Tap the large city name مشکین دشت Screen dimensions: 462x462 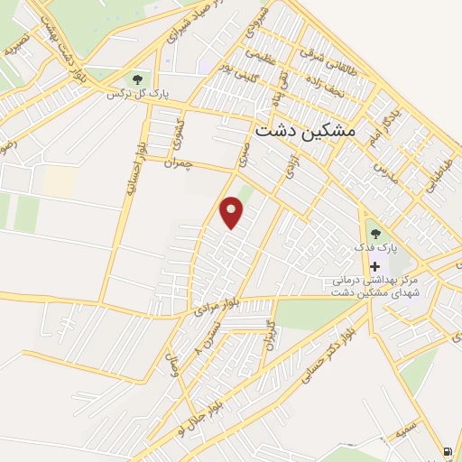pyautogui.click(x=306, y=130)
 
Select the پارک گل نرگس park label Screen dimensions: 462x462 pyautogui.click(x=139, y=93)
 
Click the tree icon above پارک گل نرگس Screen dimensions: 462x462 pyautogui.click(x=138, y=79)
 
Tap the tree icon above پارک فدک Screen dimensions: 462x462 pyautogui.click(x=374, y=234)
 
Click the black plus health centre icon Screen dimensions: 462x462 pyautogui.click(x=374, y=267)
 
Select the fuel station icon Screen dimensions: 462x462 pyautogui.click(x=448, y=451)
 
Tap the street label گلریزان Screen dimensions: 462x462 pyautogui.click(x=267, y=334)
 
